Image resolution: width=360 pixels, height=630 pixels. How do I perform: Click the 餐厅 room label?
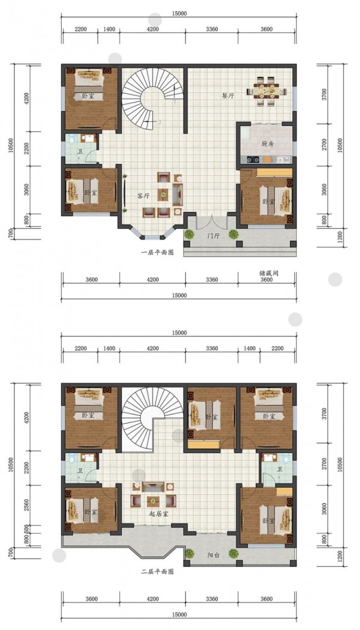click(229, 96)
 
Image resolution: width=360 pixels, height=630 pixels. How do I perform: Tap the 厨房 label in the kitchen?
click(267, 144)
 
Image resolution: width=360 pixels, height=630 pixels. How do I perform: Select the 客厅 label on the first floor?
click(143, 196)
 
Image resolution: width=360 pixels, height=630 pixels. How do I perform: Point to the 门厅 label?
click(214, 236)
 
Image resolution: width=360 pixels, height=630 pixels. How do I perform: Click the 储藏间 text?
click(269, 273)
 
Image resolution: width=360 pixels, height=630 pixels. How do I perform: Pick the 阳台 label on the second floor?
click(214, 555)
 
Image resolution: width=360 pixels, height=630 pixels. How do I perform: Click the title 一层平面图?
click(157, 253)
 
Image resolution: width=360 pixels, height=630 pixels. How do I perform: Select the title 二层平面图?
click(157, 571)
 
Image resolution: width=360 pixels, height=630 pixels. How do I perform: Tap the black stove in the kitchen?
click(253, 159)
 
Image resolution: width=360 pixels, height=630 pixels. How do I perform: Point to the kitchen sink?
click(283, 159)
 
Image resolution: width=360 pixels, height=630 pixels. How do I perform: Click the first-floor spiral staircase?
click(152, 98)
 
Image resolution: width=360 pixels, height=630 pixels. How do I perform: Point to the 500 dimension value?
click(26, 529)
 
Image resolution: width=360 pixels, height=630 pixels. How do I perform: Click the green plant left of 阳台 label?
click(189, 554)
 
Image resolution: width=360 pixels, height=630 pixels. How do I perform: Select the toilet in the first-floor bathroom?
click(72, 139)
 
